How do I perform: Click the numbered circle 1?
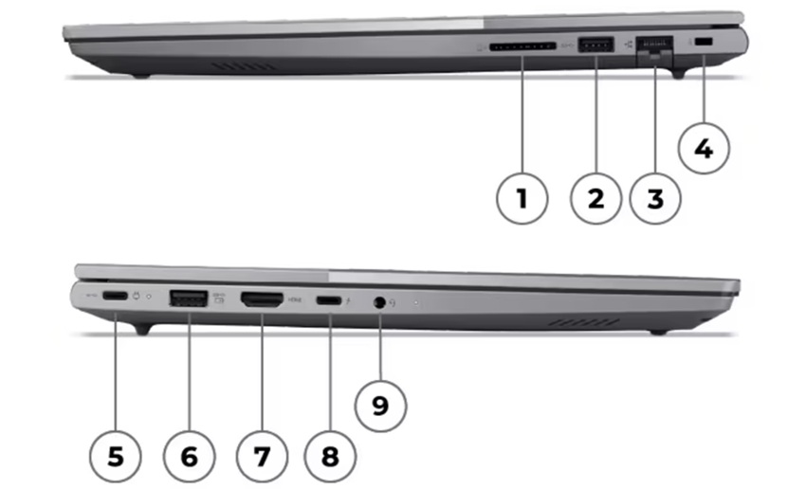(x=522, y=198)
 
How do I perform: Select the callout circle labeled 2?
(x=595, y=198)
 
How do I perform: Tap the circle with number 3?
(x=655, y=198)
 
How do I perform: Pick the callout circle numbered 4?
(x=704, y=149)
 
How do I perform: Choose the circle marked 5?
(x=115, y=456)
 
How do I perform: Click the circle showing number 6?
(x=189, y=456)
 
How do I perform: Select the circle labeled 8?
(x=329, y=456)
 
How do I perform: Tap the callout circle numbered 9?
(x=380, y=407)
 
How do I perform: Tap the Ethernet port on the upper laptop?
(x=653, y=45)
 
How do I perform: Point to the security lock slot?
(x=703, y=43)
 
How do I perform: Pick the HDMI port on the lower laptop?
(x=263, y=300)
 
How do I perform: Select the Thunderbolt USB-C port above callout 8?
(x=329, y=300)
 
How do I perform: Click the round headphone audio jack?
(x=380, y=302)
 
